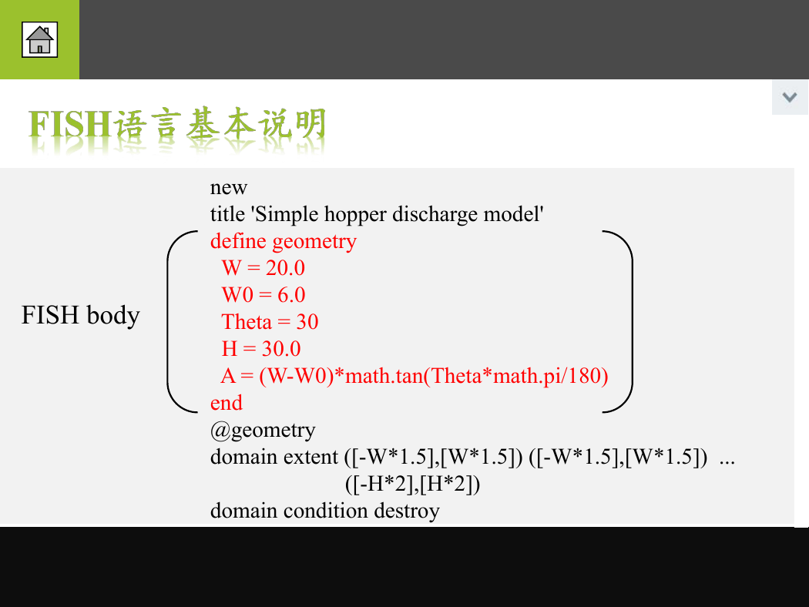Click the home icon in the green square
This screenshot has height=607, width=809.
tap(40, 40)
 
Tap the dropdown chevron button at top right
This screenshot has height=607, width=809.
tap(790, 97)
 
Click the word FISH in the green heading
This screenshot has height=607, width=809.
tap(69, 124)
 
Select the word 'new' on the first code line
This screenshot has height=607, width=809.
tap(229, 188)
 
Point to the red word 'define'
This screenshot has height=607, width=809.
tap(238, 241)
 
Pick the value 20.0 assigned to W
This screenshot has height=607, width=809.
tap(285, 268)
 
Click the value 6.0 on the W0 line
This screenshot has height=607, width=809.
tap(291, 295)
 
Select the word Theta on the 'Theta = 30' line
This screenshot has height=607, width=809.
tap(247, 322)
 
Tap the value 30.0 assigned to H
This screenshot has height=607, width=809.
tap(281, 349)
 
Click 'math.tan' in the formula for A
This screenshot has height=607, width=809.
tap(384, 375)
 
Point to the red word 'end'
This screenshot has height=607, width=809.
tap(226, 403)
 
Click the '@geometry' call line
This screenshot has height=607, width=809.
tap(263, 431)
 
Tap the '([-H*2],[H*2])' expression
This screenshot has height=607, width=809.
tap(412, 484)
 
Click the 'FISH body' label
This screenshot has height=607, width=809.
tap(80, 314)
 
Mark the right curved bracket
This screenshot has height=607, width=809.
tap(631, 322)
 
